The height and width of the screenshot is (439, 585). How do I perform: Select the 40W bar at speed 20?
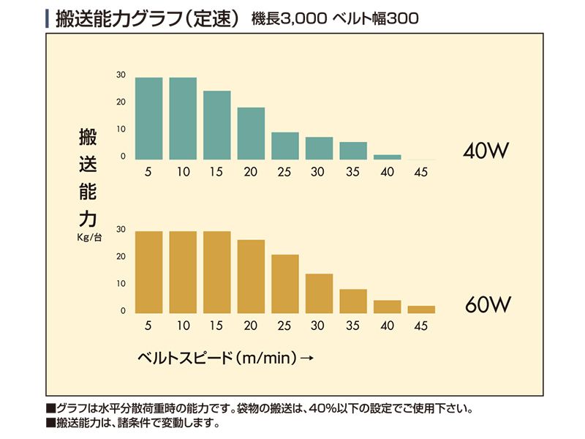point(251,133)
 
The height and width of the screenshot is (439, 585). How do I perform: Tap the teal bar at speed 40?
point(388,157)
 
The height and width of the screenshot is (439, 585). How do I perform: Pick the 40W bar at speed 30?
point(319,149)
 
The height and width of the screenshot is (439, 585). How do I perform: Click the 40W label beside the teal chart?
point(485,151)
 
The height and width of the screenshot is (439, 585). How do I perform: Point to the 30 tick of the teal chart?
point(121,75)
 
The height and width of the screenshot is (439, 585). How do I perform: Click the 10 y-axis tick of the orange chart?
point(121,284)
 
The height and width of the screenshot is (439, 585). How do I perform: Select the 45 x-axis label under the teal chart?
point(421,172)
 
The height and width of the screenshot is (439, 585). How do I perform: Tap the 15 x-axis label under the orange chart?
point(216,326)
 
